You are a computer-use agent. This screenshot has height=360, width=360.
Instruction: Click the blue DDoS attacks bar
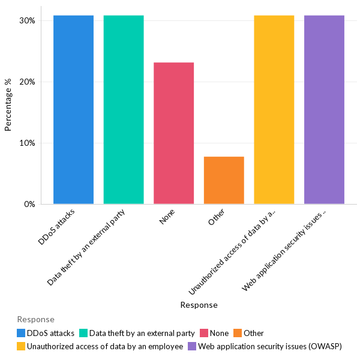point(73,110)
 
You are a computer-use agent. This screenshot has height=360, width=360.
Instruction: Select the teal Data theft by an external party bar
point(124,110)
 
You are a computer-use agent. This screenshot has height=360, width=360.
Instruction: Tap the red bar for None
point(173,133)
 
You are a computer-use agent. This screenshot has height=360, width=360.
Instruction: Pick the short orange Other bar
point(224,180)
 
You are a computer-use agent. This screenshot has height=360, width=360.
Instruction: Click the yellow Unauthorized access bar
point(274,110)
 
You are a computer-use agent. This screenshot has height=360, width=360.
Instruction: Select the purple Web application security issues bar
point(324,110)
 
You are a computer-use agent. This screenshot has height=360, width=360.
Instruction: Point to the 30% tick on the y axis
point(27,20)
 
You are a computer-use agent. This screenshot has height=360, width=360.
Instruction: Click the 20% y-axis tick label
point(27,82)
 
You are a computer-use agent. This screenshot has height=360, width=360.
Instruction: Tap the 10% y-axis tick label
point(27,143)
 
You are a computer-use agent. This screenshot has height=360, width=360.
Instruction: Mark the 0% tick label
point(29,205)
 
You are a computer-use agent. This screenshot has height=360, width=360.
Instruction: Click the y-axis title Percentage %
point(8,109)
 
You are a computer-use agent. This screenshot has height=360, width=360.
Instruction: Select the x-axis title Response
point(199,305)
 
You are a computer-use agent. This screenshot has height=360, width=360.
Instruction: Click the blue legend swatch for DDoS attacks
point(21,333)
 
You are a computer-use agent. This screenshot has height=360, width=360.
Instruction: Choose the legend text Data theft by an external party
point(142,333)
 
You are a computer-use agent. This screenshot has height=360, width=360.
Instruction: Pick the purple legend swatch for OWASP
point(192,346)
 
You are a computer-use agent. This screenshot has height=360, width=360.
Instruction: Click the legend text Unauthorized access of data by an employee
point(105,346)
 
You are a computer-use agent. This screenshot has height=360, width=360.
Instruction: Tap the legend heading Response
point(36,319)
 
